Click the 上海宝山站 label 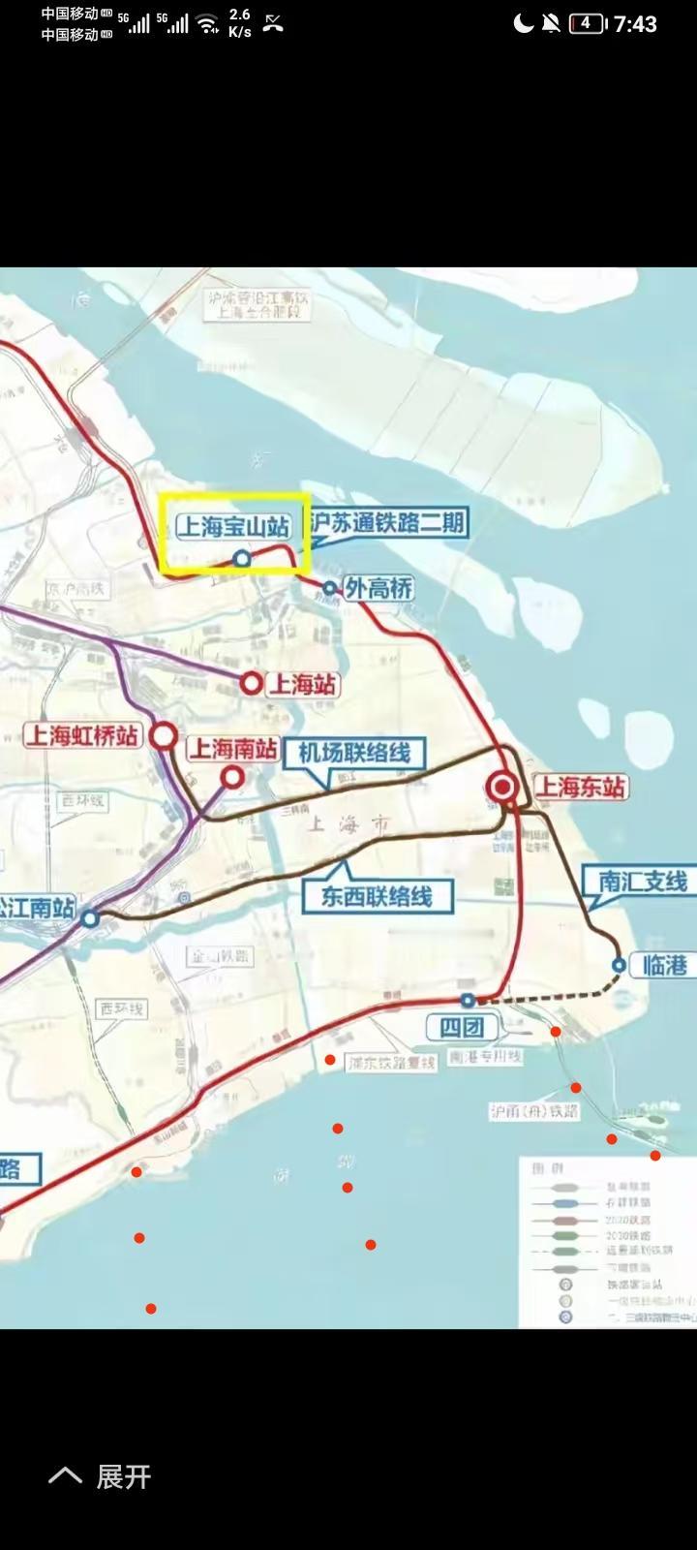pyautogui.click(x=233, y=526)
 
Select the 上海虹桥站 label pyautogui.click(x=82, y=735)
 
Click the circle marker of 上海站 pyautogui.click(x=252, y=684)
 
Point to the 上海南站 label pyautogui.click(x=232, y=748)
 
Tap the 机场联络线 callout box pyautogui.click(x=353, y=753)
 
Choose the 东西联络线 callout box pyautogui.click(x=376, y=896)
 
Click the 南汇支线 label pyautogui.click(x=642, y=881)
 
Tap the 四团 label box pyautogui.click(x=462, y=1027)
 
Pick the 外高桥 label pyautogui.click(x=379, y=587)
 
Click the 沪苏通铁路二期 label pyautogui.click(x=388, y=523)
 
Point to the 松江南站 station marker pyautogui.click(x=90, y=917)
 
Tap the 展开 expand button pyautogui.click(x=101, y=1476)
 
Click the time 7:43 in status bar pyautogui.click(x=635, y=23)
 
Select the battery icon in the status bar pyautogui.click(x=587, y=23)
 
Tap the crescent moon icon pyautogui.click(x=523, y=23)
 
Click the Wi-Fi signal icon pyautogui.click(x=208, y=23)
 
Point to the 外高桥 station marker pyautogui.click(x=329, y=588)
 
